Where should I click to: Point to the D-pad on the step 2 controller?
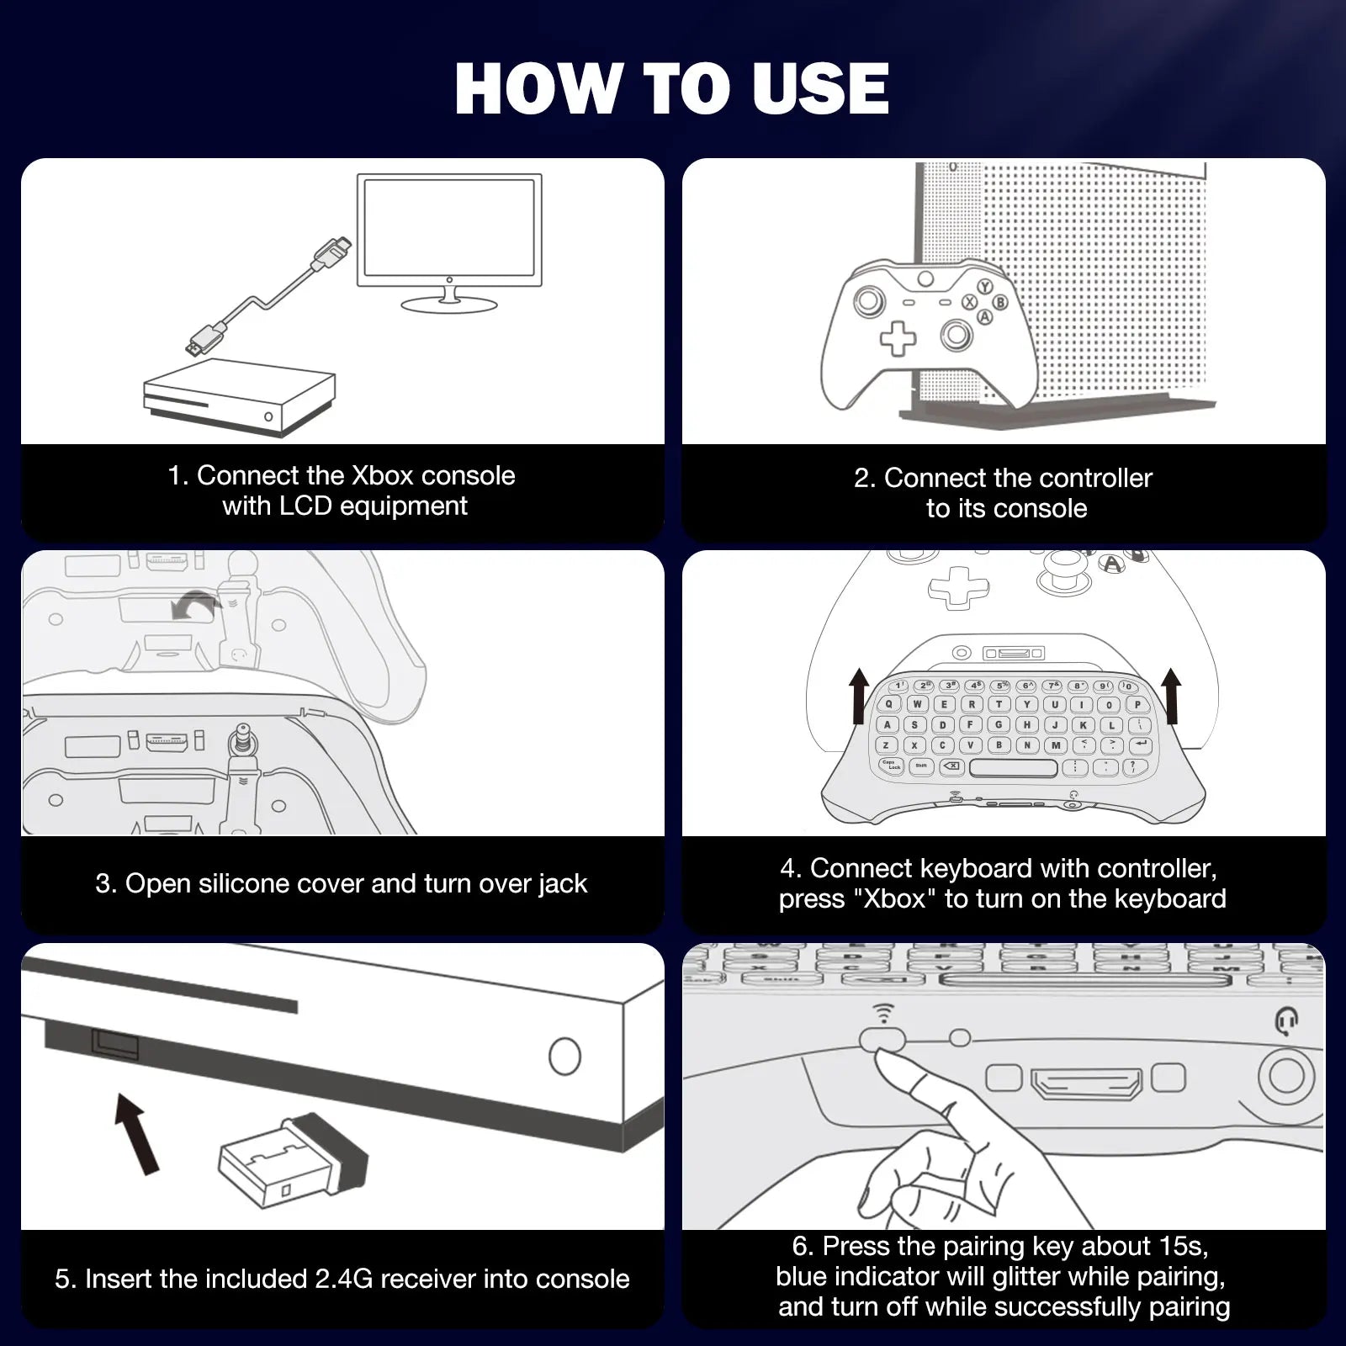click(x=898, y=338)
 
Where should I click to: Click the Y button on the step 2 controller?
click(x=984, y=287)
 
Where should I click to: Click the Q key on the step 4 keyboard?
click(x=889, y=705)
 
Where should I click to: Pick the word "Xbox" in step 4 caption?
click(x=894, y=899)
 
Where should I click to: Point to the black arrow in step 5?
click(x=137, y=1132)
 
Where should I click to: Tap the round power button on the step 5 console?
click(x=564, y=1056)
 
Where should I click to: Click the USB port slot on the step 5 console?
click(x=115, y=1045)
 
